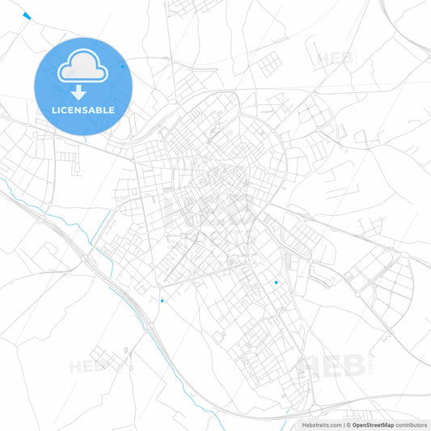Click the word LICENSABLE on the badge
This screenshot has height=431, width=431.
pyautogui.click(x=82, y=110)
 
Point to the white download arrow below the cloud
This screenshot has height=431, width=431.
pyautogui.click(x=82, y=91)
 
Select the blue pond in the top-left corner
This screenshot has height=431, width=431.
pyautogui.click(x=27, y=15)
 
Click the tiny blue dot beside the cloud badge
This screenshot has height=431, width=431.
pyautogui.click(x=123, y=66)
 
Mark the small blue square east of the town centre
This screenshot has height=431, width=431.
pyautogui.click(x=277, y=282)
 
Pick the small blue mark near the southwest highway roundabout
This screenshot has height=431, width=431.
pyautogui.click(x=162, y=301)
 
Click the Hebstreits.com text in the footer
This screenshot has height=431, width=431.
pyautogui.click(x=319, y=425)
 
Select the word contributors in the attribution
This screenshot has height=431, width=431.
pyautogui.click(x=412, y=425)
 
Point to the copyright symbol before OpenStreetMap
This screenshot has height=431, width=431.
pyautogui.click(x=348, y=425)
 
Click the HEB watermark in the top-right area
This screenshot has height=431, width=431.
pyautogui.click(x=336, y=59)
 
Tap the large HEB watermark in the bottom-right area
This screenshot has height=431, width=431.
pyautogui.click(x=332, y=366)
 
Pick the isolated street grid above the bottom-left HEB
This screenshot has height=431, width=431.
pyautogui.click(x=105, y=356)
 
